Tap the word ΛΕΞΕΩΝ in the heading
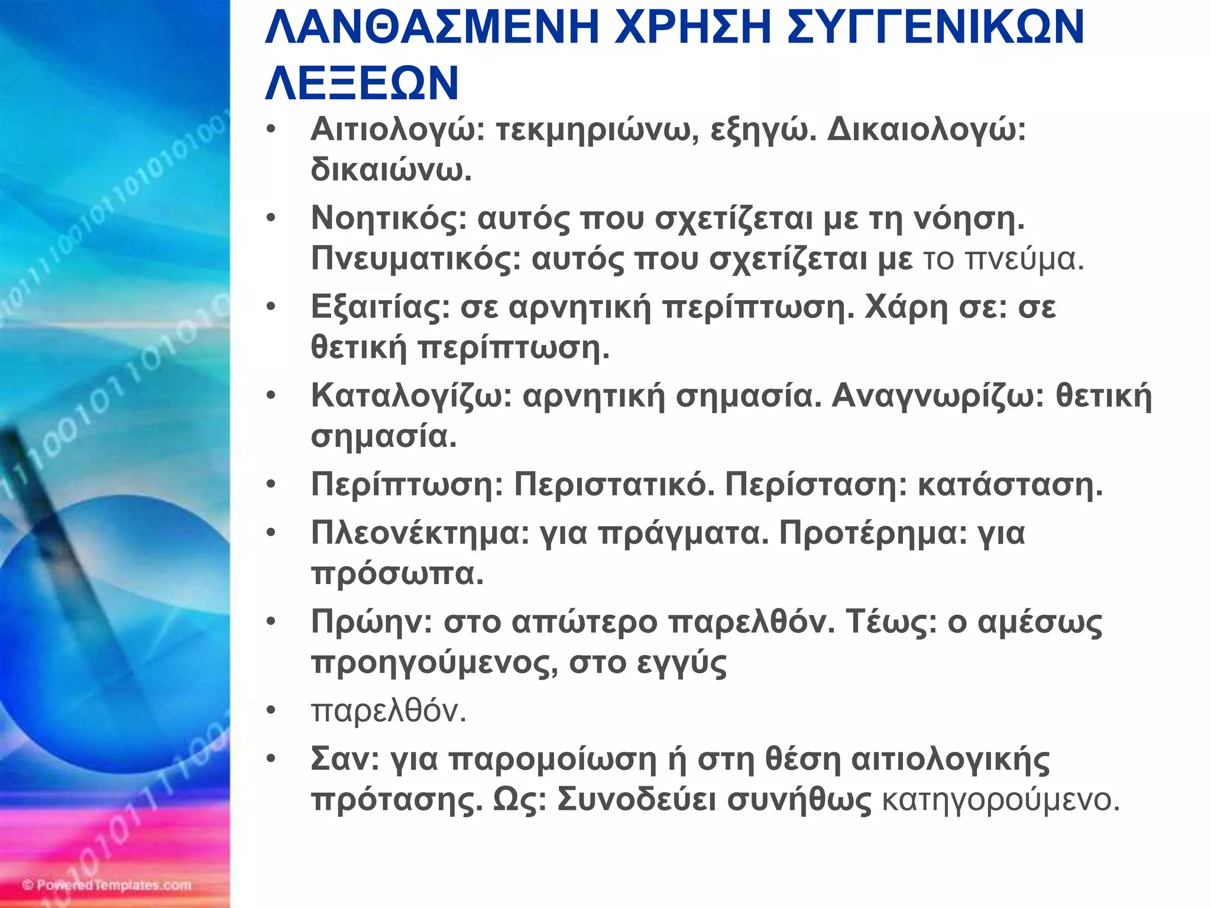[362, 82]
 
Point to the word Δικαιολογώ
[926, 129]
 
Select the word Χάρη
[906, 307]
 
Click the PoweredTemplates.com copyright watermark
[107, 885]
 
